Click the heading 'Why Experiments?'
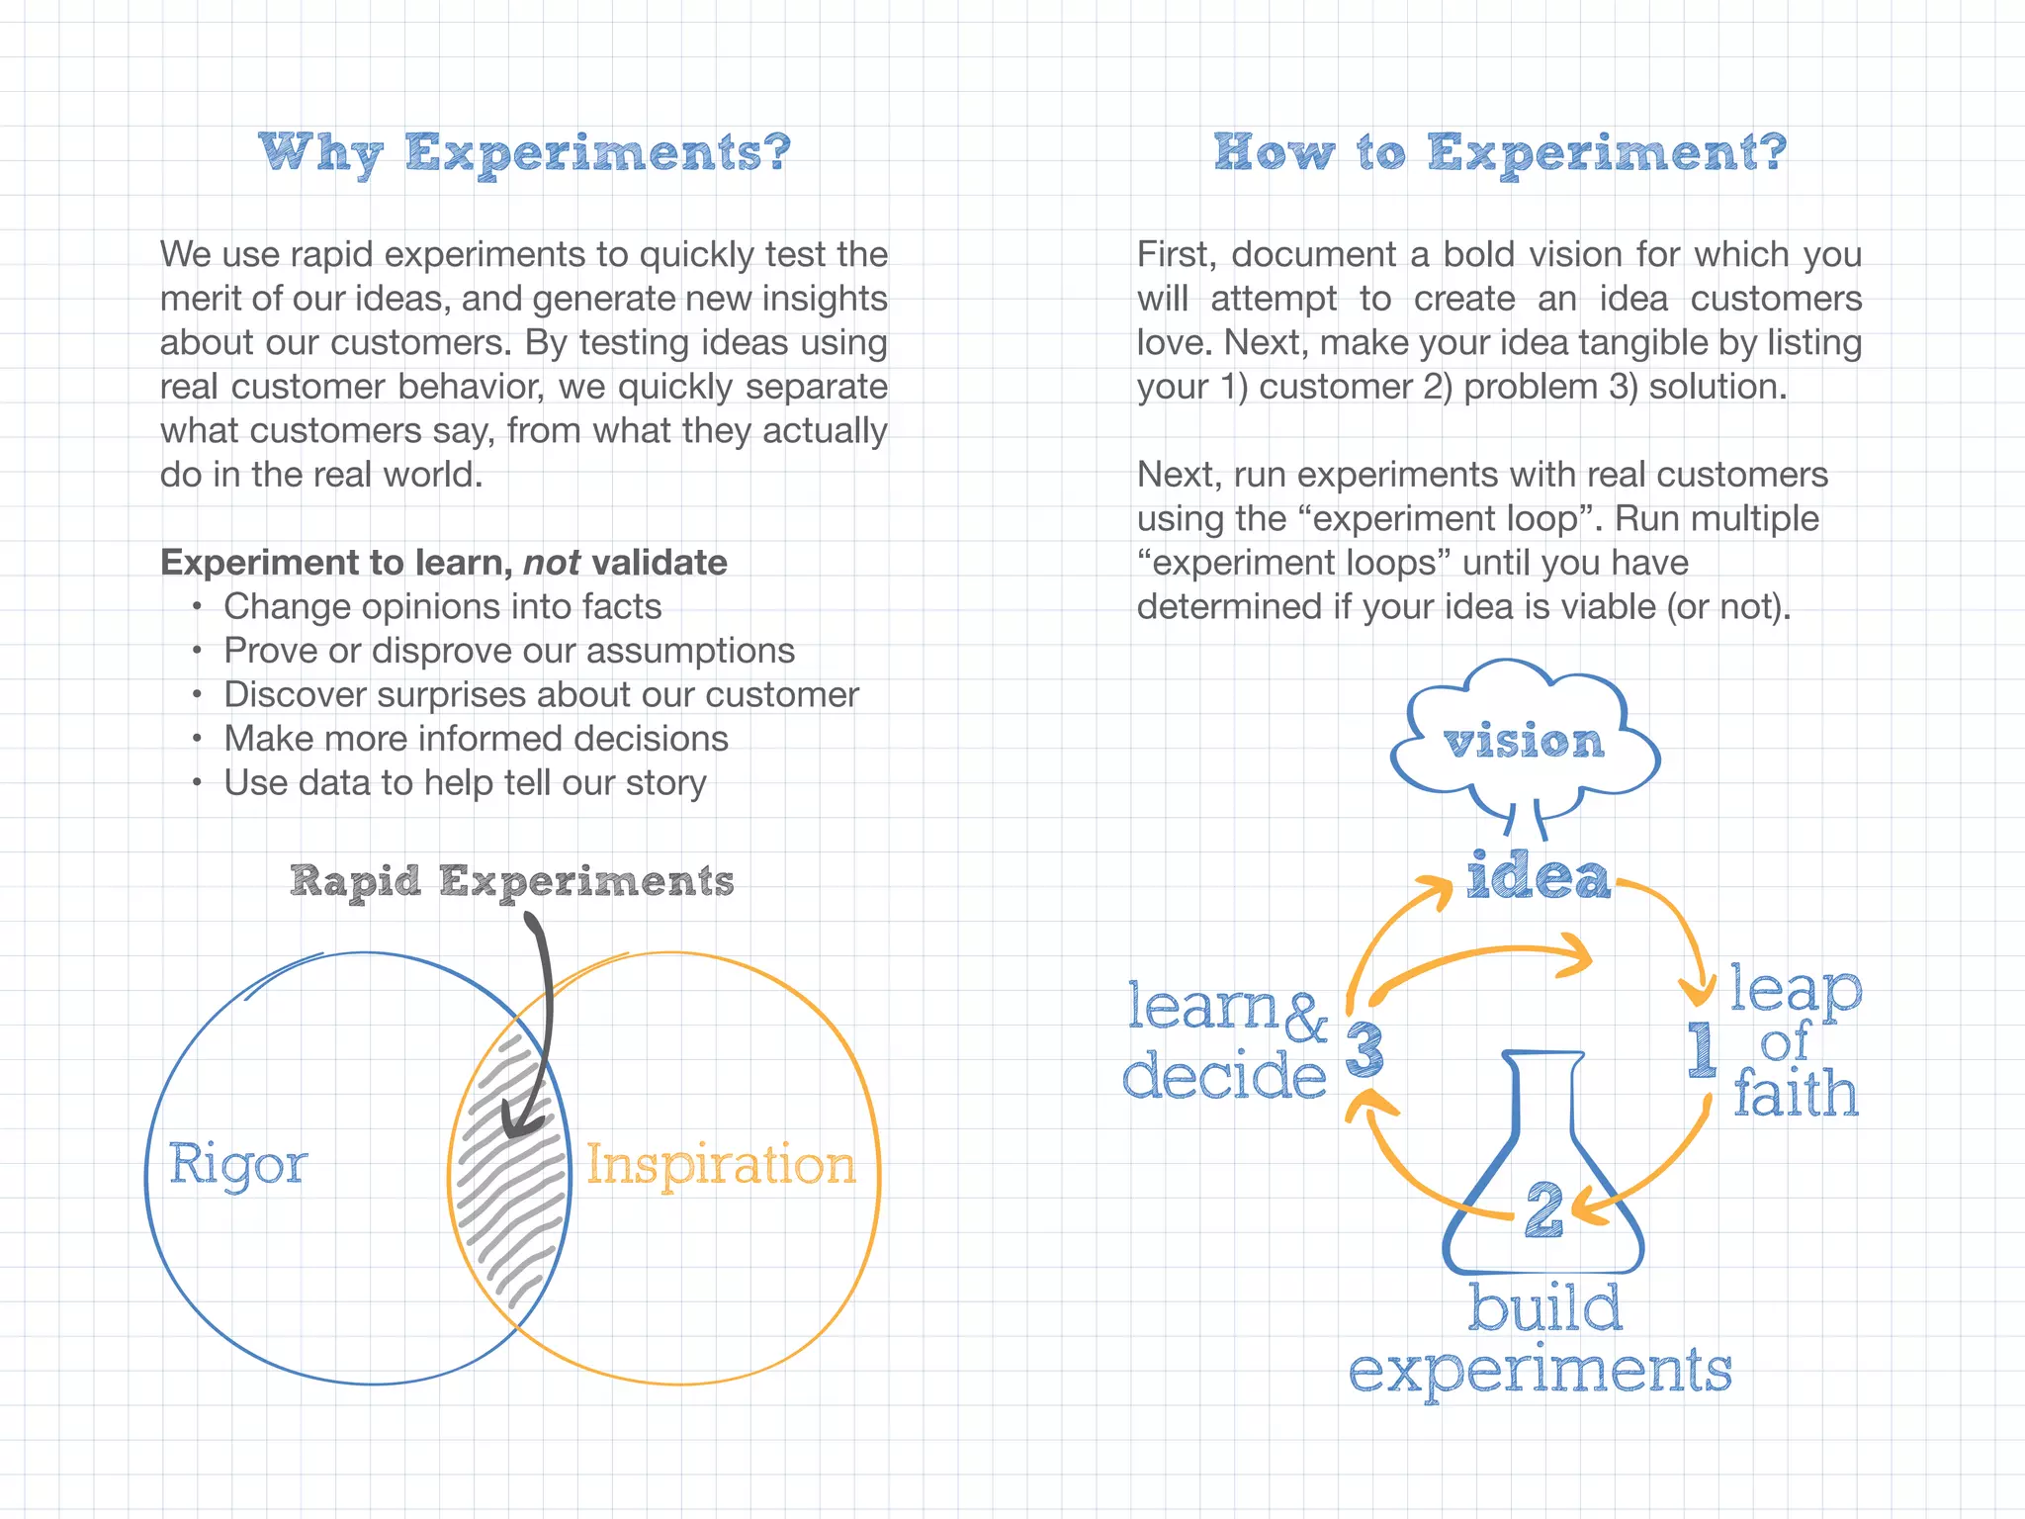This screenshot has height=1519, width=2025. (x=525, y=153)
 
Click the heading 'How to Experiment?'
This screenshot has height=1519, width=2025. (x=1500, y=153)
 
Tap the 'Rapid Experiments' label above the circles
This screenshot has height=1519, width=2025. (x=512, y=880)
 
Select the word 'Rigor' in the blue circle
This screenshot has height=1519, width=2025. (x=237, y=1163)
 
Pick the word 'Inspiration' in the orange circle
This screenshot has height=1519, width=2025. (x=721, y=1163)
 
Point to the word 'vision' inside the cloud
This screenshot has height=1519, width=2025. (x=1523, y=742)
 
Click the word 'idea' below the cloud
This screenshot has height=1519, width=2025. (x=1538, y=876)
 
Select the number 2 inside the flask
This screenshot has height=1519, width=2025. (x=1543, y=1208)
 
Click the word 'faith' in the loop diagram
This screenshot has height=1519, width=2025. (x=1796, y=1093)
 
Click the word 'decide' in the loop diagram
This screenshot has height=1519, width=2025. (x=1224, y=1075)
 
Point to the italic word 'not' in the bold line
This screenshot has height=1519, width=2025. (x=551, y=563)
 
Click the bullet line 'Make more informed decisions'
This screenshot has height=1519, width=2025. (x=476, y=739)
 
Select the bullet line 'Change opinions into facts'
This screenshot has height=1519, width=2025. (x=442, y=606)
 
